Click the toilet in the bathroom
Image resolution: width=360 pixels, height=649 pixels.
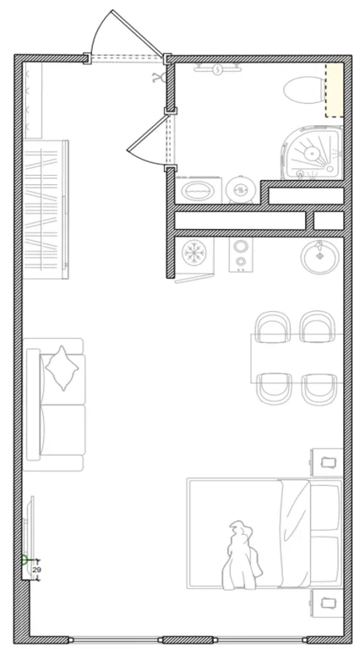(x=304, y=90)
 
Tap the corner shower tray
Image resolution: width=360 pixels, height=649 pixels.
(x=314, y=152)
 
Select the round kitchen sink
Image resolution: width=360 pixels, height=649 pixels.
(x=320, y=256)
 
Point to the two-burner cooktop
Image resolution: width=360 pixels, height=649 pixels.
(x=240, y=254)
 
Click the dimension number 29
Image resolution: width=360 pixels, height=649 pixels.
(x=36, y=570)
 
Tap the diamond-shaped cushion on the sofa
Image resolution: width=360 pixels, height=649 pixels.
(x=62, y=368)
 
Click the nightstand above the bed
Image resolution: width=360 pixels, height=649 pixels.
(x=327, y=462)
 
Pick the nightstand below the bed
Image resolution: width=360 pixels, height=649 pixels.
(x=327, y=603)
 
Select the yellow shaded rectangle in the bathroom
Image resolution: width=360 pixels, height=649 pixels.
(x=334, y=90)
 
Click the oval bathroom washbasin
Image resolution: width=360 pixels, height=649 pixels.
(x=198, y=191)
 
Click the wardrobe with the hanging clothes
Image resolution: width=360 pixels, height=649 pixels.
(x=45, y=210)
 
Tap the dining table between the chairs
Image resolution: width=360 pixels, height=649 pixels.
(x=297, y=358)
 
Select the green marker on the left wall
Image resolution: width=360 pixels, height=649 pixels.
(x=25, y=560)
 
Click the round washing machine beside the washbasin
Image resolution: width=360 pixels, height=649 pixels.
(x=240, y=190)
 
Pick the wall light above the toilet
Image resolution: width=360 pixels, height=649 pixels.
(x=218, y=69)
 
